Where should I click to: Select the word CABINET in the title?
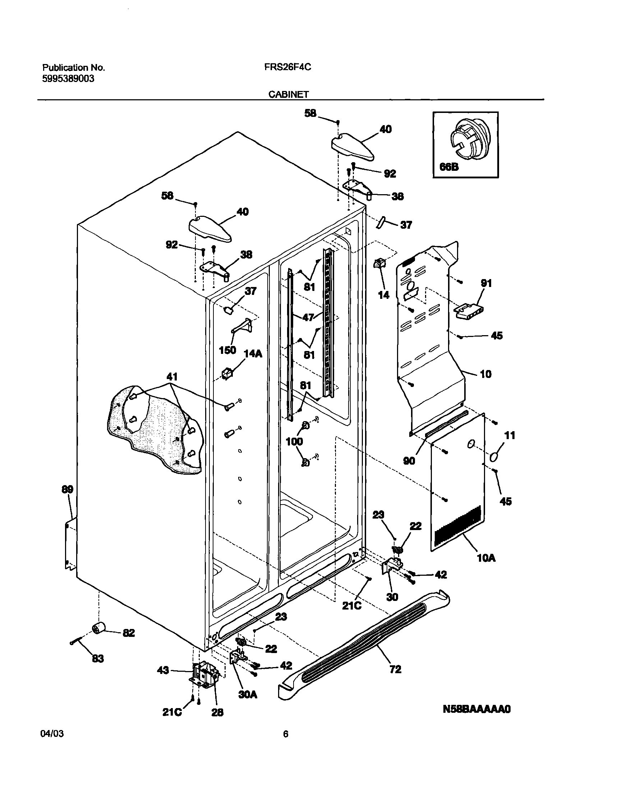pyautogui.click(x=289, y=95)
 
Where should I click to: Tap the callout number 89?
pyautogui.click(x=67, y=489)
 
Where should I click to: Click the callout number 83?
pyautogui.click(x=98, y=659)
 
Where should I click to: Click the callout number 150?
pyautogui.click(x=227, y=350)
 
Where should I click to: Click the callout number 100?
pyautogui.click(x=294, y=441)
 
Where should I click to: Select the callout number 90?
pyautogui.click(x=409, y=461)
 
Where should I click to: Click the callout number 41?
pyautogui.click(x=172, y=377)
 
